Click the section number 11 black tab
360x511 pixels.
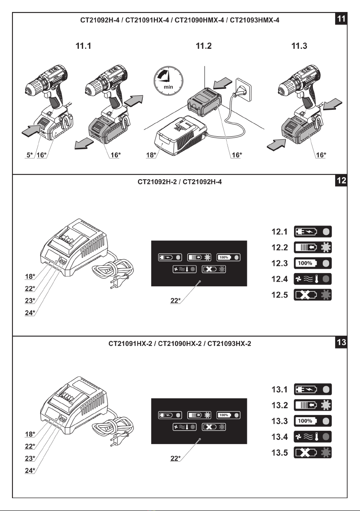[341, 18]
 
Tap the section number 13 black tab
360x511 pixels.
[341, 342]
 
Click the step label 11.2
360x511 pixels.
[204, 46]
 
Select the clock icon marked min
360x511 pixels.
[168, 81]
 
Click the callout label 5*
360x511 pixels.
[30, 155]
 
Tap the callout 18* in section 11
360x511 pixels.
[151, 155]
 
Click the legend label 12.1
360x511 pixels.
[279, 232]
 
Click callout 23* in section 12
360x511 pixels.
[30, 301]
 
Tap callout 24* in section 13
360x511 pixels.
[30, 470]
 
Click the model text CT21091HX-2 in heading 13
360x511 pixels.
[130, 343]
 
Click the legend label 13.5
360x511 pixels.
[279, 453]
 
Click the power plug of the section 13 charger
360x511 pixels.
[117, 439]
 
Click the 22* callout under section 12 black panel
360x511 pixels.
[175, 301]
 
